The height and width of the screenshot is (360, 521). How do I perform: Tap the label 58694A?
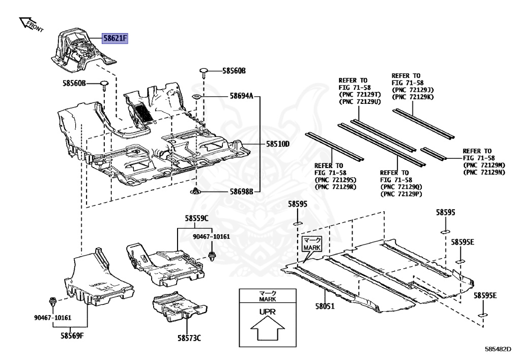click(x=241, y=95)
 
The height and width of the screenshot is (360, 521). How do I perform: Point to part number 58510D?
click(x=277, y=144)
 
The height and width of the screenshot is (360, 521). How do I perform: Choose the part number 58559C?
click(x=196, y=218)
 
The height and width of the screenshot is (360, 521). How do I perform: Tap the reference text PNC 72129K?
click(x=413, y=97)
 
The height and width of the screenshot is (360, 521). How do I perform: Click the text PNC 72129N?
click(x=484, y=173)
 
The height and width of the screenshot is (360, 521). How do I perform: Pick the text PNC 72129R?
click(x=335, y=187)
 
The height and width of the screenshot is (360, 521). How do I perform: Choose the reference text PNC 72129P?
click(x=402, y=194)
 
